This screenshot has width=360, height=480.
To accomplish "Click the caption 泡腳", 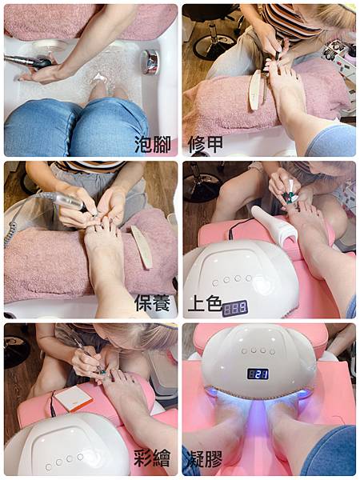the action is coord(153,144).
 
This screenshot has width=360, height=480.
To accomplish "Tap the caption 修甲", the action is coord(206,144).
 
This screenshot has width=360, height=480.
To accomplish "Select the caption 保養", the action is coord(152,303).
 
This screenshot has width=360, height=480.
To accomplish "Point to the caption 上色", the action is coord(205,303).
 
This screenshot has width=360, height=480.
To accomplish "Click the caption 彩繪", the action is coord(152,458).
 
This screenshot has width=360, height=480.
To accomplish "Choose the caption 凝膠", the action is coord(204,458).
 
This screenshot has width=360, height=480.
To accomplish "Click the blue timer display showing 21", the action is coord(258,374).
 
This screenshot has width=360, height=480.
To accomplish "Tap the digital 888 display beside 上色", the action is coord(234,308).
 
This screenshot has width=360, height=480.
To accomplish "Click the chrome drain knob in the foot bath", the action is coord(150,62).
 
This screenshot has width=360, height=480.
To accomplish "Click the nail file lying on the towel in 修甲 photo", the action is coord(254,90).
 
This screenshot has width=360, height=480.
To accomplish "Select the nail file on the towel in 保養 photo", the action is coord(142,246).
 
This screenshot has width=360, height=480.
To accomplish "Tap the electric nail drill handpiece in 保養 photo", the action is coord(70,202).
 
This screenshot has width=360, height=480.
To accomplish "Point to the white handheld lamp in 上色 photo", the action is coord(274,226).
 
